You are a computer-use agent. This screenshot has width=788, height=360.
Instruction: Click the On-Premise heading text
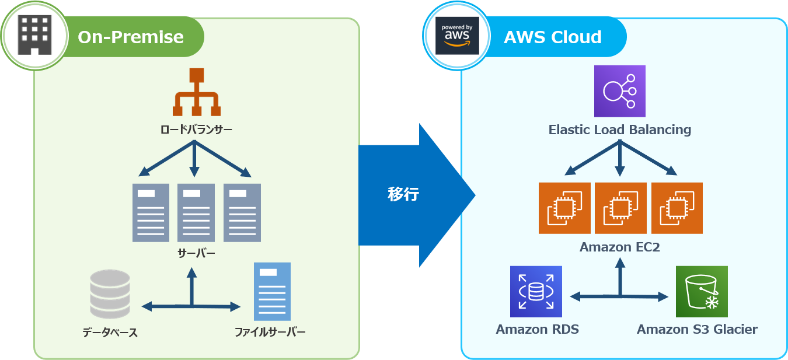tap(131, 37)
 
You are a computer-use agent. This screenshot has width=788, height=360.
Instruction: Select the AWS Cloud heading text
tap(552, 37)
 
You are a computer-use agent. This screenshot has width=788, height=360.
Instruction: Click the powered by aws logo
tap(458, 36)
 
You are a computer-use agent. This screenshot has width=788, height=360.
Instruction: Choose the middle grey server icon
tap(196, 212)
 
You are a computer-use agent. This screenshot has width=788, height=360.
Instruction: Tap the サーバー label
tap(196, 253)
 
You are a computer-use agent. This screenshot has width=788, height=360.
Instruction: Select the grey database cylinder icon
tap(110, 293)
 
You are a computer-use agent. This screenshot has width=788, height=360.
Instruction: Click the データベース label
tap(110, 333)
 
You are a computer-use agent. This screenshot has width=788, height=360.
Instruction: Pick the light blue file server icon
tap(272, 291)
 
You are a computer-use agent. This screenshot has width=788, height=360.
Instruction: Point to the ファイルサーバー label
tap(270, 333)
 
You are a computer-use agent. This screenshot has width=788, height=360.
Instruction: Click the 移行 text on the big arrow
tap(403, 194)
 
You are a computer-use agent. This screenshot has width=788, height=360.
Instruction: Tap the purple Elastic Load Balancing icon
tap(619, 91)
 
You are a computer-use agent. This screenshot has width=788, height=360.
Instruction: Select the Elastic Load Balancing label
tap(619, 130)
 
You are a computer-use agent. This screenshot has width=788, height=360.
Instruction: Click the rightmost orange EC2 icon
tap(677, 208)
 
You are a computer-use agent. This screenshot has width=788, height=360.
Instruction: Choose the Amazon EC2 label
tap(619, 247)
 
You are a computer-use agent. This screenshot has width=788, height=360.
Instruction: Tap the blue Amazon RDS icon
tap(536, 292)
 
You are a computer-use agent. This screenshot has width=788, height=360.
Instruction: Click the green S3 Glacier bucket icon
tap(702, 292)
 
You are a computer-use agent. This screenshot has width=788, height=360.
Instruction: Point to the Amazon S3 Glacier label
tap(697, 330)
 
